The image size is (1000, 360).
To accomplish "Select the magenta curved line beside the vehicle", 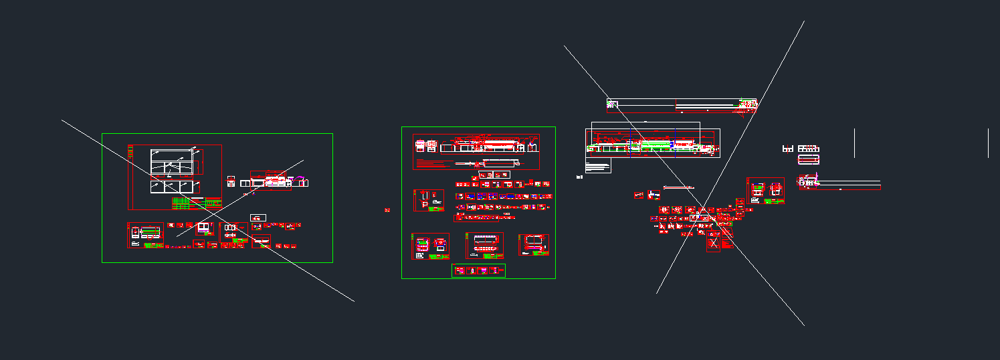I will (x=301, y=179).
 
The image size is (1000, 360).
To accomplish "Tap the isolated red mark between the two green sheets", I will (x=387, y=210).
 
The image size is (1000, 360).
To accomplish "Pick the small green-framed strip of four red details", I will (x=478, y=270).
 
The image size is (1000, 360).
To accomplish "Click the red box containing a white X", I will (x=714, y=242).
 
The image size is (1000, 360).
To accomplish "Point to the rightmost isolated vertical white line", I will (x=988, y=143).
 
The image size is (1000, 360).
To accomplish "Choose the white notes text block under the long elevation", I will (x=598, y=165).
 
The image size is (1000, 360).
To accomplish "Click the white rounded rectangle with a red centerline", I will (x=809, y=159).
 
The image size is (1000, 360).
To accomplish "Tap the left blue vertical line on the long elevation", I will (x=630, y=143).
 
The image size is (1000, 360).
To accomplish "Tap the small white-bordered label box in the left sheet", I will (x=258, y=217).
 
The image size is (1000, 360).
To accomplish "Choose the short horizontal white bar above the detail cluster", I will (x=678, y=188).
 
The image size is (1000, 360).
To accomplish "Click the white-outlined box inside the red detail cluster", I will (x=699, y=217).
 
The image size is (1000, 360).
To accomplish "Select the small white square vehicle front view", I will (x=231, y=181).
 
